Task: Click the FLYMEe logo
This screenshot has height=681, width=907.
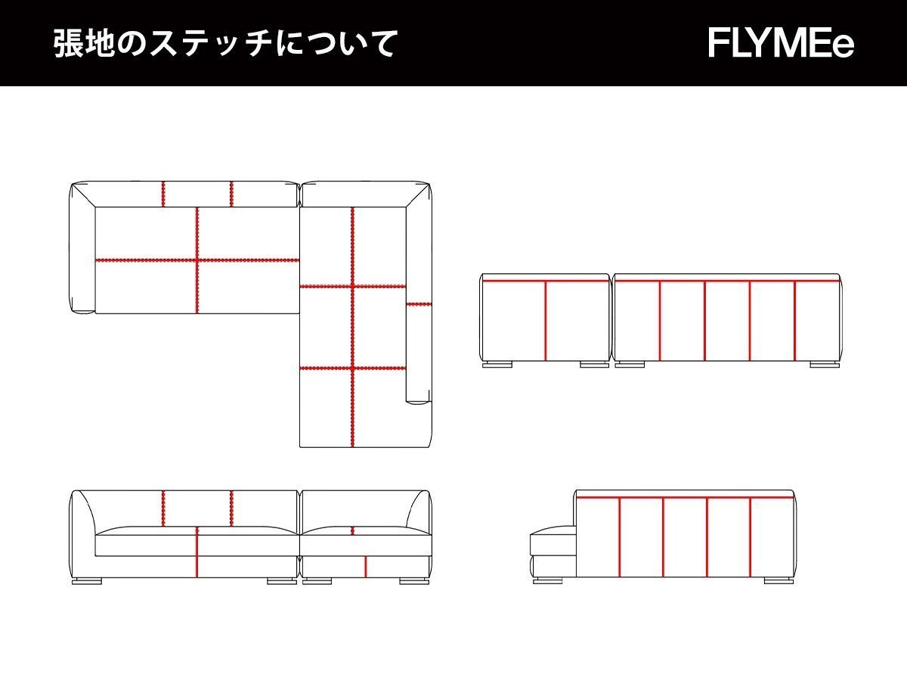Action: click(781, 43)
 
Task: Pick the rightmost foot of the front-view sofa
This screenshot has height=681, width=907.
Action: click(413, 581)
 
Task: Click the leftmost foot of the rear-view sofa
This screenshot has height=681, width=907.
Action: click(497, 365)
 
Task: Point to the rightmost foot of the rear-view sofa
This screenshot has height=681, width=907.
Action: click(824, 365)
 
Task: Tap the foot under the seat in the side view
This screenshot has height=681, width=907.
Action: click(547, 580)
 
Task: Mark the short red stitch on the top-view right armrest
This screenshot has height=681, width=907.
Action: click(419, 304)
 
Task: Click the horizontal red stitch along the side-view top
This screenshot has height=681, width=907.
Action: click(685, 498)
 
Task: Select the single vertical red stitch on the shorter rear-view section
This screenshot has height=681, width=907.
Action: click(546, 321)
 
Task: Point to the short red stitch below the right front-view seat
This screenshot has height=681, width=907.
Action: click(366, 566)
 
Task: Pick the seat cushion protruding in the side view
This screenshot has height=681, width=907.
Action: click(553, 544)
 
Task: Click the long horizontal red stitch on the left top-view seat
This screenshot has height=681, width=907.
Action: click(197, 260)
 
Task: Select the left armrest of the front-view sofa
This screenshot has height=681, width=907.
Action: click(82, 533)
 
